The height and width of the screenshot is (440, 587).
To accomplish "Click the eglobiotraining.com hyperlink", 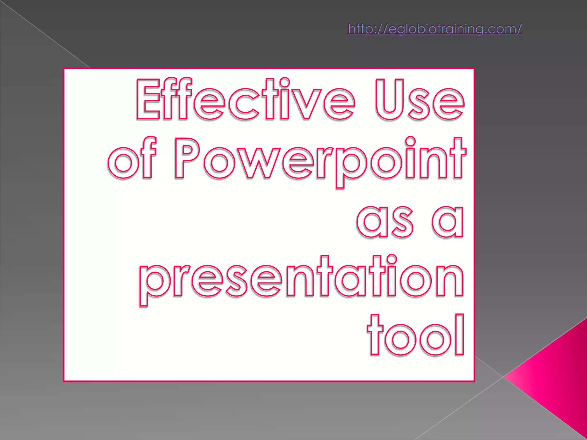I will [435, 29].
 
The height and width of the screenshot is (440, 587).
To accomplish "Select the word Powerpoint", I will [320, 159].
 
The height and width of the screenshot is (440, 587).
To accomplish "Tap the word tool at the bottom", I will [416, 335].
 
